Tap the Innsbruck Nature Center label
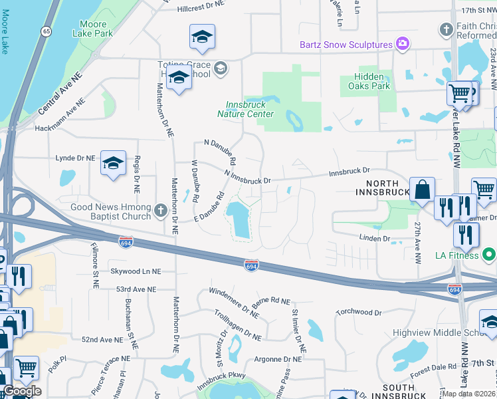(245, 108)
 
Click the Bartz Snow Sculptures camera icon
(401, 45)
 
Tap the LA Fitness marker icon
(488, 255)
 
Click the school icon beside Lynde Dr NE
(113, 163)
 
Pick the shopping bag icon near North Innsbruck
(422, 190)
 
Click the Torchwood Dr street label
(358, 312)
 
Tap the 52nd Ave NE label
(102, 339)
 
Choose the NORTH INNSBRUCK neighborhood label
(377, 188)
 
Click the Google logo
(22, 392)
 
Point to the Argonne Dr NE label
(278, 359)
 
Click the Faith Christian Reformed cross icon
(445, 29)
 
